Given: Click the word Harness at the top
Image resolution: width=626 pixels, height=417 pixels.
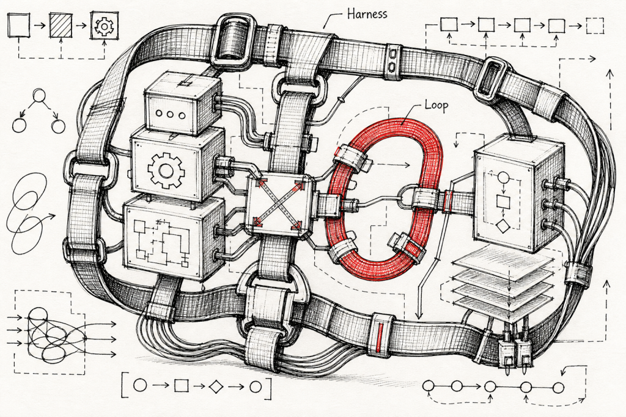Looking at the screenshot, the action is [x=367, y=14].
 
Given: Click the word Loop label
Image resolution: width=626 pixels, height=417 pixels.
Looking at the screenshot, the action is [x=436, y=106].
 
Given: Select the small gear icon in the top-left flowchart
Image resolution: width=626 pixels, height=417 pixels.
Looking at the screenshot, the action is [x=105, y=26].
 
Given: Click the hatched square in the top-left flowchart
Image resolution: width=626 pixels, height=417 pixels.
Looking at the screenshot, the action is [x=61, y=26].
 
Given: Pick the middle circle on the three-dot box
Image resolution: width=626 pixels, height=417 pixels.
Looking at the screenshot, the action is [x=171, y=114].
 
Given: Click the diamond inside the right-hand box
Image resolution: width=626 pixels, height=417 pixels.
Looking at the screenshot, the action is [x=503, y=226].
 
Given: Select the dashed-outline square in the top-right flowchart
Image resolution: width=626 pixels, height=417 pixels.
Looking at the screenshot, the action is [x=595, y=26].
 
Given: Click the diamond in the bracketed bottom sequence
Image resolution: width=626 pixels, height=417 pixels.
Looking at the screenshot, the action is [x=216, y=386].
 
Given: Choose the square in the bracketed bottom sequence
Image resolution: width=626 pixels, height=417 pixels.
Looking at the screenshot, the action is [x=181, y=385].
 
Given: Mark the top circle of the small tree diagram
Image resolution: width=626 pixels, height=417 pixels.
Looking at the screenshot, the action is [x=39, y=96].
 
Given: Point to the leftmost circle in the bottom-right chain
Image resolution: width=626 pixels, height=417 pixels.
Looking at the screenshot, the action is [x=428, y=386].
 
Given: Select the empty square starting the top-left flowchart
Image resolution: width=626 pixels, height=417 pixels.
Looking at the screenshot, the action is [x=19, y=25].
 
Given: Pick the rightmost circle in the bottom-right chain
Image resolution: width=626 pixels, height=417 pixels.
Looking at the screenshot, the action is [x=559, y=387].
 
